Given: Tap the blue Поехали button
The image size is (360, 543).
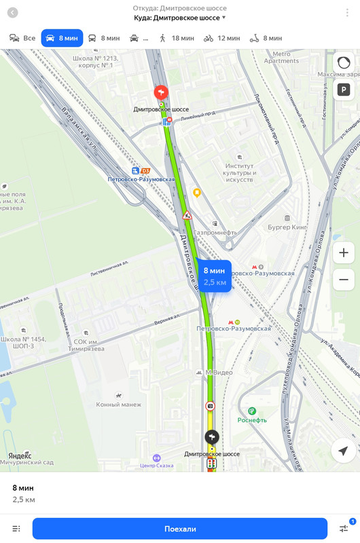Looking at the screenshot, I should [x=180, y=529].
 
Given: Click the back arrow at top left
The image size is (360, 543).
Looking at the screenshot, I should [x=12, y=13].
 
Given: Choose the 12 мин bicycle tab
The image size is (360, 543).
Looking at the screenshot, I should [x=221, y=38].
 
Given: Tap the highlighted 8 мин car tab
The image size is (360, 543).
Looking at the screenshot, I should [x=62, y=38].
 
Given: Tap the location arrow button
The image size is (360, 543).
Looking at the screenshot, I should [x=343, y=451].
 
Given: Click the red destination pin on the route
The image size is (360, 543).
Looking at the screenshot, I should [x=161, y=92].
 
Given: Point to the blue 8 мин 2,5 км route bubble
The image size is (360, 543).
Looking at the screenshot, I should [x=214, y=276].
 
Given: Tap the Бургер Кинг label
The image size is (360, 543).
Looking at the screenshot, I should [x=287, y=227].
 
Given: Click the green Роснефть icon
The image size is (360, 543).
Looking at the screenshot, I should [x=252, y=411].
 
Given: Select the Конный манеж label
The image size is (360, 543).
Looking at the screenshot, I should [x=118, y=404].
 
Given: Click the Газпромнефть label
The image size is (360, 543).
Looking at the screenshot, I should [x=214, y=231].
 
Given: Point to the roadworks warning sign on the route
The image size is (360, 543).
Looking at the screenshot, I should [x=187, y=215].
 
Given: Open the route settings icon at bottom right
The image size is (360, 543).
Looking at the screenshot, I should [x=344, y=528].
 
